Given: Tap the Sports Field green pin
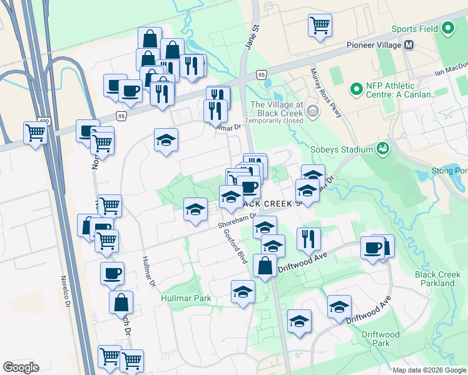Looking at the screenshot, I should pos(448,29).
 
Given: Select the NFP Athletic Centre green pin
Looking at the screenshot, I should pos(357,90).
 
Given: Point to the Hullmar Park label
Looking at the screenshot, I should pos(185,299).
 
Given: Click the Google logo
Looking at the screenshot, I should pos(21,367).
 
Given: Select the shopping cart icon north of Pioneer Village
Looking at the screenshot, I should pos(320,26).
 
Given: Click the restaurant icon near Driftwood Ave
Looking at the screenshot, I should pos(308,238).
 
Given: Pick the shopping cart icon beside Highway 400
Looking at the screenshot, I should pos(36,132).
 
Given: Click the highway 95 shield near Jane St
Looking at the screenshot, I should pos(261,75).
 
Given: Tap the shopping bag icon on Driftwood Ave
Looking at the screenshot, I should pos(265,265).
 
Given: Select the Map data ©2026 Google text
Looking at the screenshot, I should pos(430,370).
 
